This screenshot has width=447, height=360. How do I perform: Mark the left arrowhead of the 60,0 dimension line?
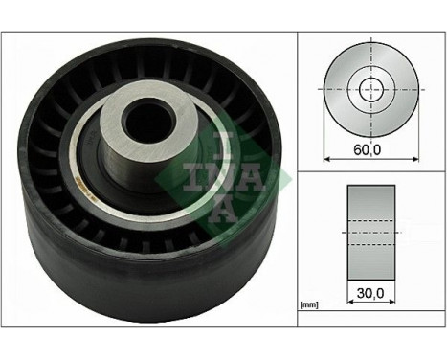328,157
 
